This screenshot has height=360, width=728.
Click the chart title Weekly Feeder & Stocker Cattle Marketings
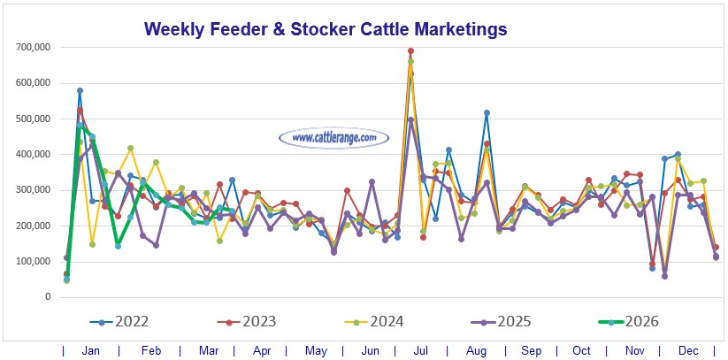click(325, 29)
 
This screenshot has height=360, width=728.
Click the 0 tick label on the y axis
click(47, 297)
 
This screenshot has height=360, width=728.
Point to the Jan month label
click(90, 350)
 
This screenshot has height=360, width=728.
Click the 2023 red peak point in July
click(410, 51)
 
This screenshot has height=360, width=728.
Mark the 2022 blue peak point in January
click(80, 90)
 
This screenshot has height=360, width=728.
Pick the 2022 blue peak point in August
click(487, 113)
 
